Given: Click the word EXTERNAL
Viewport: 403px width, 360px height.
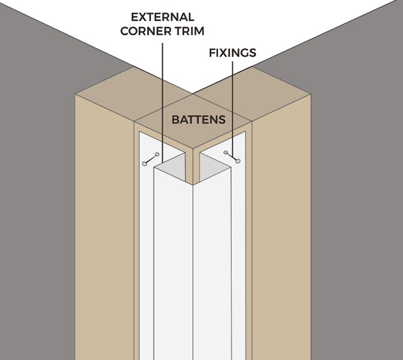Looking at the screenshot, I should [x=162, y=17].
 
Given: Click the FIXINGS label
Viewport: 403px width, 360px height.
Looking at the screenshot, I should [x=232, y=53].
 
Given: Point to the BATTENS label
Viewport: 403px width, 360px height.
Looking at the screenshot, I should [x=199, y=120].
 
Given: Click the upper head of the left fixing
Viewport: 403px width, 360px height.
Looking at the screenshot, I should [x=157, y=155].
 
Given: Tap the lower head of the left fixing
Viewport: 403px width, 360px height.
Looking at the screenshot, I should [x=144, y=164].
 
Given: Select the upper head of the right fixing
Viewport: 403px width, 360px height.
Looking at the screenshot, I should [x=226, y=153].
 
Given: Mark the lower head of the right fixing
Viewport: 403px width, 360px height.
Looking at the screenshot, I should [x=237, y=161].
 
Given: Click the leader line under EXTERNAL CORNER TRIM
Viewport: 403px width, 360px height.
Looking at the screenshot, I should [x=163, y=96].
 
